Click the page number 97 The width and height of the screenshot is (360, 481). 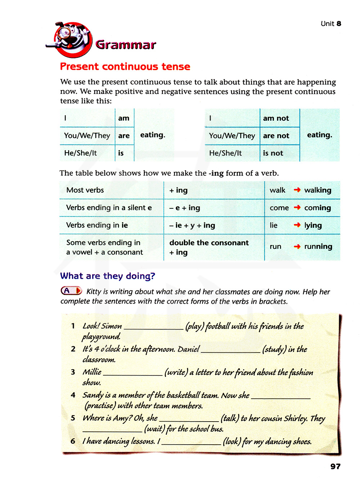[x=335, y=466]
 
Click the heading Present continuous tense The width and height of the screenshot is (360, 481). [x=125, y=67]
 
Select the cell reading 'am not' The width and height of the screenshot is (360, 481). [x=276, y=118]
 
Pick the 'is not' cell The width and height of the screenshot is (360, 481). [x=273, y=153]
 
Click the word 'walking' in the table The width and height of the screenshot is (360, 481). [x=318, y=190]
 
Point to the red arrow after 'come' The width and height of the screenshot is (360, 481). [x=297, y=207]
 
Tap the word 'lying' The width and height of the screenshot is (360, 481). [x=313, y=225]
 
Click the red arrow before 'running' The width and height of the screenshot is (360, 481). [x=297, y=247]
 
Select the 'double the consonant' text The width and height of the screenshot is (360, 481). [x=209, y=243]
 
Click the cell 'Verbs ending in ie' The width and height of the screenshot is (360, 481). [x=97, y=225]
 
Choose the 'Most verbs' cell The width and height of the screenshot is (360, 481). [x=85, y=190]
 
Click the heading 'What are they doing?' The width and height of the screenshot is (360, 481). [x=108, y=276]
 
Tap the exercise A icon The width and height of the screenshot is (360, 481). [x=71, y=291]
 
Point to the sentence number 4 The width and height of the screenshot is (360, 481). [x=73, y=395]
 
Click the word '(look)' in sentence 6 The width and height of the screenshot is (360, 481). [x=232, y=441]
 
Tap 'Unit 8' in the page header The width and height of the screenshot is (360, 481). [x=330, y=24]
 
